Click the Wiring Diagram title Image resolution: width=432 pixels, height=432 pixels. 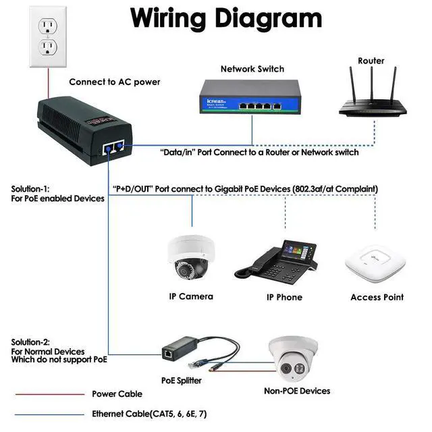click(226, 18)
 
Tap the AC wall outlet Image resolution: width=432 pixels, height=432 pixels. click(47, 37)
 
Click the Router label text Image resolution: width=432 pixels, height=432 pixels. click(371, 61)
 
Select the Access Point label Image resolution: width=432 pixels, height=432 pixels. click(377, 297)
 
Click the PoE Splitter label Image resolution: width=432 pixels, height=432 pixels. click(181, 381)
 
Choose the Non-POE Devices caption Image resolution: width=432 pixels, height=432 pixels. click(296, 391)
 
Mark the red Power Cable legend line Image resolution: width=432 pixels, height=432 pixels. click(47, 394)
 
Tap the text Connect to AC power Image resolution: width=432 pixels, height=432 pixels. click(115, 82)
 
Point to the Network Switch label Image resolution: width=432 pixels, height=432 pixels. click(252, 69)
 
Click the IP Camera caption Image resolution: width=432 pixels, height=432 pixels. click(191, 296)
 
